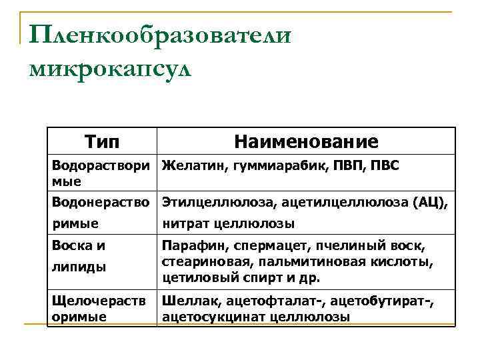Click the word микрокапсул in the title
click(110, 69)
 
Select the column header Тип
click(103, 141)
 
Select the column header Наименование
click(306, 141)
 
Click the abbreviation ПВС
click(385, 165)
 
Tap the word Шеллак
click(186, 302)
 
